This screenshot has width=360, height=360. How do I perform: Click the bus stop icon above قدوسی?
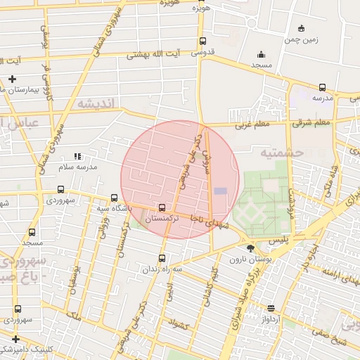[202, 41]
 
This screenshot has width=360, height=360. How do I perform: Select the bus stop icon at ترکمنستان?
[162, 208]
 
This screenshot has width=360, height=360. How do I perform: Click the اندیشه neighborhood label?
[98, 104]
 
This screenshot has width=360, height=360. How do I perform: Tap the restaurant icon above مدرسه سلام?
[78, 155]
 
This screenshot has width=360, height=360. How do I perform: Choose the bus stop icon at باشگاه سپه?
[114, 198]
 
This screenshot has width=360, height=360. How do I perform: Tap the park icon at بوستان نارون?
[251, 247]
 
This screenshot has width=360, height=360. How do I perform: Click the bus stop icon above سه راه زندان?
[162, 258]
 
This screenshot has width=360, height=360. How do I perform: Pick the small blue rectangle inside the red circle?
[221, 191]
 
